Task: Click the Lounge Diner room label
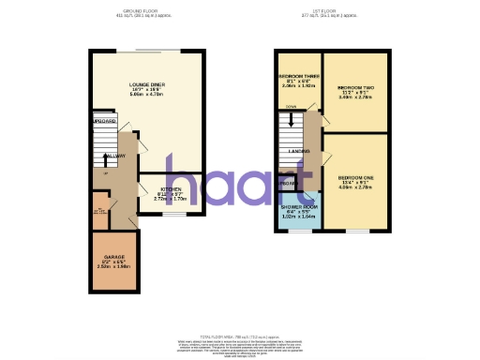[x=148, y=83]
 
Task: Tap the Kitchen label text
[x=171, y=188]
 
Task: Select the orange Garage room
[x=114, y=267]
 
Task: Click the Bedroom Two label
[x=352, y=83]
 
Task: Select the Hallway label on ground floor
[x=115, y=156]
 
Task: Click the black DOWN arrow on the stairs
[x=291, y=119]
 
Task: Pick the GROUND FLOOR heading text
[x=137, y=10]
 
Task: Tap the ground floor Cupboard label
[x=103, y=122]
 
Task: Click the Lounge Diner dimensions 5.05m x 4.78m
[x=148, y=95]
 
